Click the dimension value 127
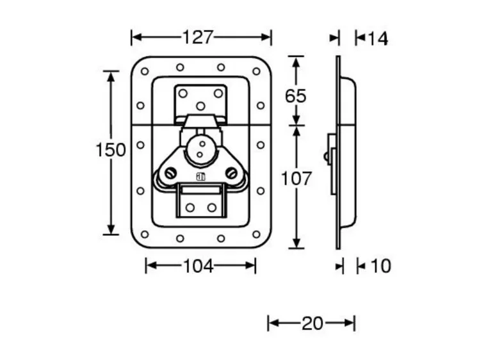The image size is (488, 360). (197, 37)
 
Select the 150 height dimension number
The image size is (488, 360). (111, 150)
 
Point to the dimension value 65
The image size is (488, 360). (295, 96)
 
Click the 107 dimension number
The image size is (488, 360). (296, 178)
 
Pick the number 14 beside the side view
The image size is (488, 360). (378, 38)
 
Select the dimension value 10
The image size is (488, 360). (380, 265)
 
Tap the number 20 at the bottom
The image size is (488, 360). (313, 323)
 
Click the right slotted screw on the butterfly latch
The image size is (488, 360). (231, 173)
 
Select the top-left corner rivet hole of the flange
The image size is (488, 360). (145, 71)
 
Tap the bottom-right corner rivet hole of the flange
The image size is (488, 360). (256, 234)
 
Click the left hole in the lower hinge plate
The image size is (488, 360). (190, 207)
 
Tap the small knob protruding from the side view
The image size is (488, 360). (327, 155)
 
